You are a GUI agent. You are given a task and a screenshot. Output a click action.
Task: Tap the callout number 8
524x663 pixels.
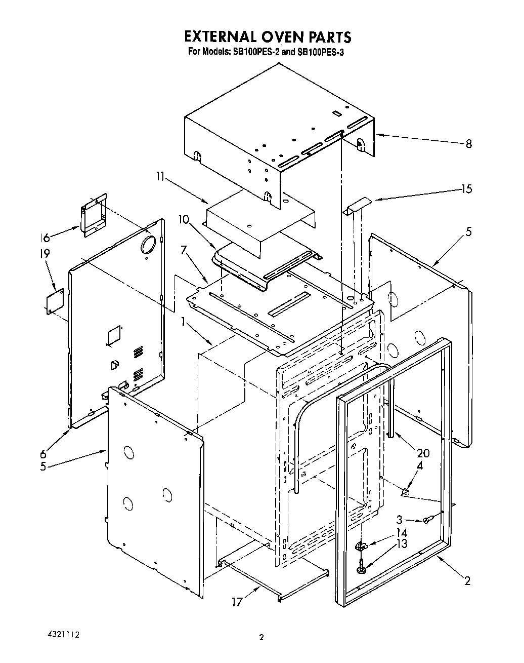click(468, 144)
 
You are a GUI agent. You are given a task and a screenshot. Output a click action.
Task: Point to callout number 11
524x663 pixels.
click(160, 177)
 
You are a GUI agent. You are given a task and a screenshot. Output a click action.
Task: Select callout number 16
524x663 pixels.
click(46, 238)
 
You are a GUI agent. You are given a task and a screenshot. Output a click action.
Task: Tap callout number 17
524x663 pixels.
click(237, 602)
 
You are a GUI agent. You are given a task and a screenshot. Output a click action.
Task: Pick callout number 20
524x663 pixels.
click(423, 453)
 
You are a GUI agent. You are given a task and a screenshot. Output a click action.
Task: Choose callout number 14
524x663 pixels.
click(402, 533)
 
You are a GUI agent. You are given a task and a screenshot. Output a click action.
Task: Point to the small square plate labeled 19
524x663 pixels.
click(55, 302)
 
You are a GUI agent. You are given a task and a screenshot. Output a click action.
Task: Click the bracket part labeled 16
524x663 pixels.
click(94, 215)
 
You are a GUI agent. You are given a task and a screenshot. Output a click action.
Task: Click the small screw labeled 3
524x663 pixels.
click(427, 520)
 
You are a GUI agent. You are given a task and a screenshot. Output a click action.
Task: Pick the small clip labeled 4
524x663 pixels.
click(406, 490)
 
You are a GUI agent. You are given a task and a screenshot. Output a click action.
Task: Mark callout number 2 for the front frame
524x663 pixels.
click(467, 580)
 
